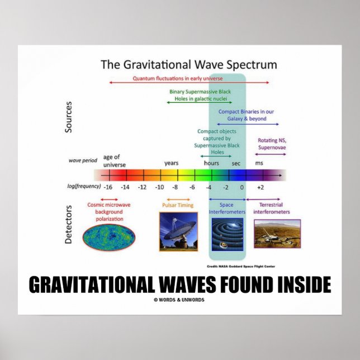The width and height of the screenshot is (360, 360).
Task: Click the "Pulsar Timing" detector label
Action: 178,205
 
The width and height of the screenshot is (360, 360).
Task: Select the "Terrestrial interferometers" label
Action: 272,209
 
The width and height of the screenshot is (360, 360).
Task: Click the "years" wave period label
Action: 172,163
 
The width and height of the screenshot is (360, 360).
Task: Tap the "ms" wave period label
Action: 259,163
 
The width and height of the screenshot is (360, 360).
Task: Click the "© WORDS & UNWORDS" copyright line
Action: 179,300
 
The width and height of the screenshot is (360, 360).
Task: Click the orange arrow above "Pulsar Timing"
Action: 178,199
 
